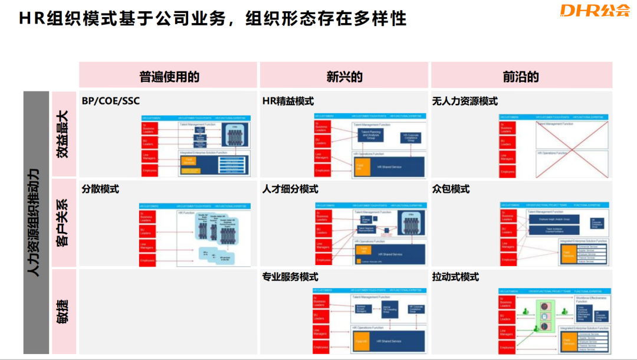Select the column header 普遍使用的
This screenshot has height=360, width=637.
169,77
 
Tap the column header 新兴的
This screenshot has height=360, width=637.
344,77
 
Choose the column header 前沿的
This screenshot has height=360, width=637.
521,77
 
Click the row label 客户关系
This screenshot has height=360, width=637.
63,222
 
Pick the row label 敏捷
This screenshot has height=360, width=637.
63,311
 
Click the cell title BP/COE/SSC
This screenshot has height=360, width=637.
111,101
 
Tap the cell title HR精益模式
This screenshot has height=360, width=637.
288,101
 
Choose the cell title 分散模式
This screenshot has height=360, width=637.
100,189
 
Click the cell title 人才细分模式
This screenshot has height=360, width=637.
291,189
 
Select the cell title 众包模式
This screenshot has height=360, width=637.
451,189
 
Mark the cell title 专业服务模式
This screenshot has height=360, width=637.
291,277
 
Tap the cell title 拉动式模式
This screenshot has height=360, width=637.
455,277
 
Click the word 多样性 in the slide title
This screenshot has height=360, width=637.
383,18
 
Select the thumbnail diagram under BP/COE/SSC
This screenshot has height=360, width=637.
195,145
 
